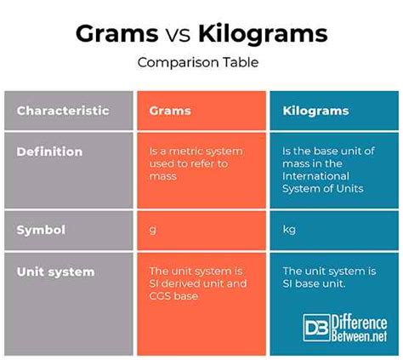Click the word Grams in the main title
click(x=117, y=34)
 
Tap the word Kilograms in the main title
click(x=263, y=34)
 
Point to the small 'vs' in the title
click(x=178, y=36)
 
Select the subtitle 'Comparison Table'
click(x=198, y=62)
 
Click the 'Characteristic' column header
click(x=63, y=111)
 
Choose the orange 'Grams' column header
click(x=170, y=111)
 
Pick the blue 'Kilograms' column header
click(x=315, y=111)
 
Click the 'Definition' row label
click(x=49, y=151)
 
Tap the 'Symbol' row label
click(x=41, y=230)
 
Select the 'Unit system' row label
click(x=55, y=271)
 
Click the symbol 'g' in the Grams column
click(x=152, y=230)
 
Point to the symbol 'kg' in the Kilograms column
click(x=289, y=229)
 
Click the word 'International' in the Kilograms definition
click(x=315, y=176)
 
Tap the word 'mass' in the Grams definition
click(x=163, y=176)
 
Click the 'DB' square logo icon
click(x=316, y=328)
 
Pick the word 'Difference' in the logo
click(x=360, y=323)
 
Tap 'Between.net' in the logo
click(x=360, y=336)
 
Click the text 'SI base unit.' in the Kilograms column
click(x=314, y=283)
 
